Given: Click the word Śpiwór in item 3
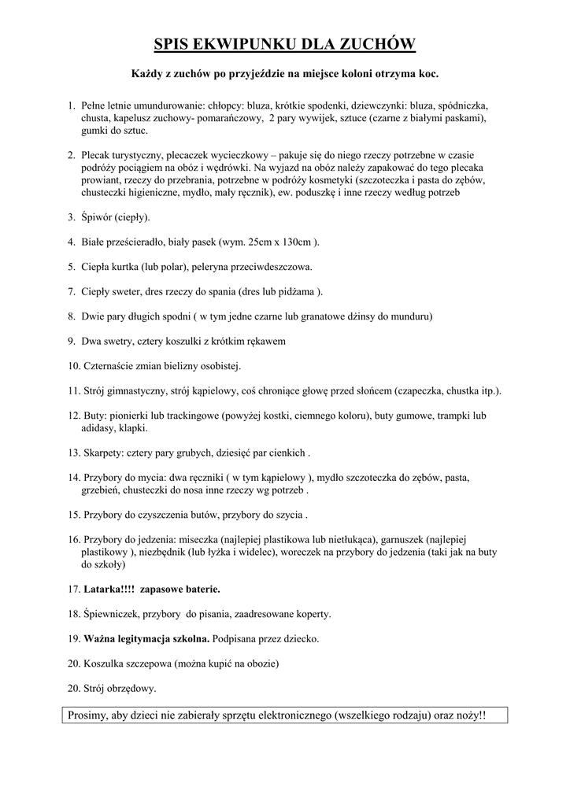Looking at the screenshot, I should [x=98, y=217].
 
